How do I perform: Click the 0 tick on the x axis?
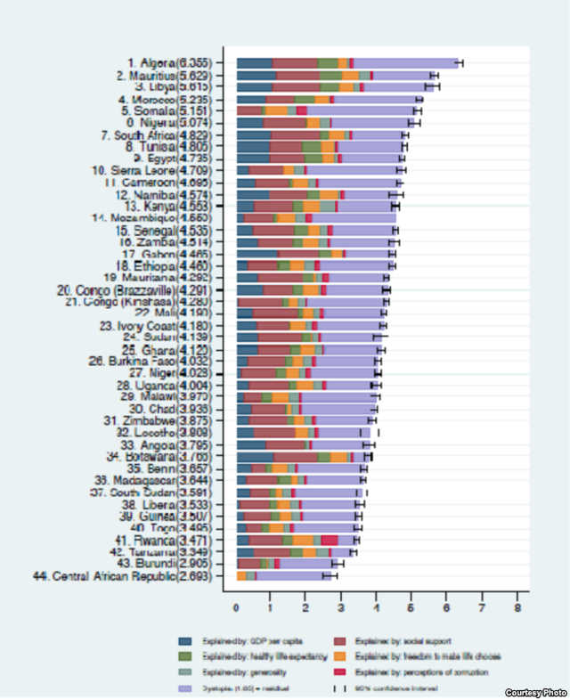236,608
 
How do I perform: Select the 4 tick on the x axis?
377,608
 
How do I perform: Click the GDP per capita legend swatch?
185,640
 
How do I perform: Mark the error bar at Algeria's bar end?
460,62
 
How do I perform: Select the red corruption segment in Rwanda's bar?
329,540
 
